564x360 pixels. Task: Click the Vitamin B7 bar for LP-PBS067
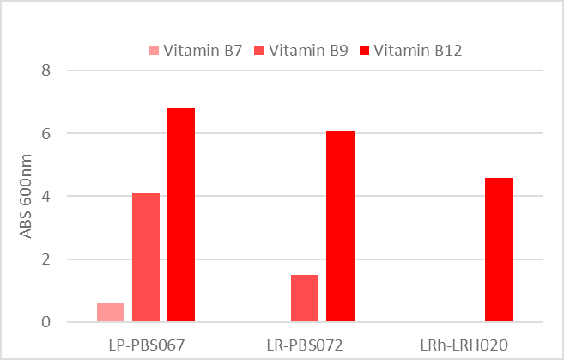click(110, 313)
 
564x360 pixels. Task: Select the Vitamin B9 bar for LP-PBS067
click(146, 258)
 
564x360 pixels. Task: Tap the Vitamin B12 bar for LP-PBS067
click(181, 215)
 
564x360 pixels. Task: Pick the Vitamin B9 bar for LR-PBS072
click(305, 298)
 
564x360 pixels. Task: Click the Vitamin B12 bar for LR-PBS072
click(340, 226)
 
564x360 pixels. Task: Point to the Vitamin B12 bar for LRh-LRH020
click(499, 250)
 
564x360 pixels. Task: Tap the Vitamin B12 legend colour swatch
click(364, 51)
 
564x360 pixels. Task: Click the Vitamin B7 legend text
click(203, 51)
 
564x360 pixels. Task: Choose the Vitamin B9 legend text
click(308, 51)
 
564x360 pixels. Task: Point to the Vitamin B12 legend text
click(418, 51)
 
